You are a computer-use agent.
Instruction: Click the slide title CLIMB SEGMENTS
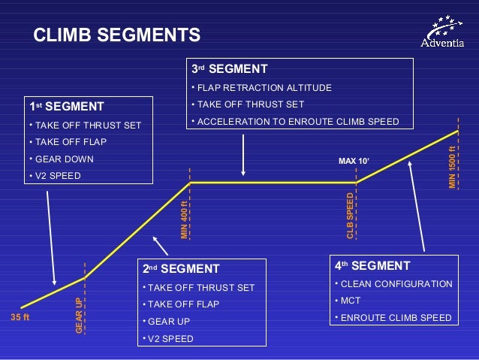117,35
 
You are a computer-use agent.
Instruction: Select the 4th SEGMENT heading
372,266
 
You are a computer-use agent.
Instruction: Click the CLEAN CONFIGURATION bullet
396,284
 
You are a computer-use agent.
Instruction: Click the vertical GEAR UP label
79,315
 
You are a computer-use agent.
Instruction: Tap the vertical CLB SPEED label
350,216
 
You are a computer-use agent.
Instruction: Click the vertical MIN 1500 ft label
453,167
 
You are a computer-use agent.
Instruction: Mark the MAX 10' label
354,162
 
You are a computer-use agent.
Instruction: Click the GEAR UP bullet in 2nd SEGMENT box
169,322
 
